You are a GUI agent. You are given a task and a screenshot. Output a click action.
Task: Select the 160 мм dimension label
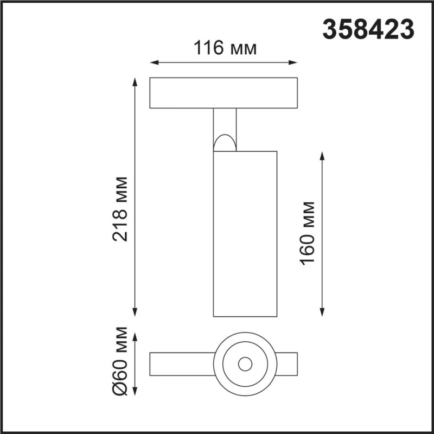pos(308,233)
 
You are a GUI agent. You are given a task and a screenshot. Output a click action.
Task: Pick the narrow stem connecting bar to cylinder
pos(225,122)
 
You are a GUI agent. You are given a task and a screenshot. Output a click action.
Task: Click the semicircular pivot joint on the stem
pos(225,143)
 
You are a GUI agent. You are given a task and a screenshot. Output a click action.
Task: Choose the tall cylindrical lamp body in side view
pos(245,233)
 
